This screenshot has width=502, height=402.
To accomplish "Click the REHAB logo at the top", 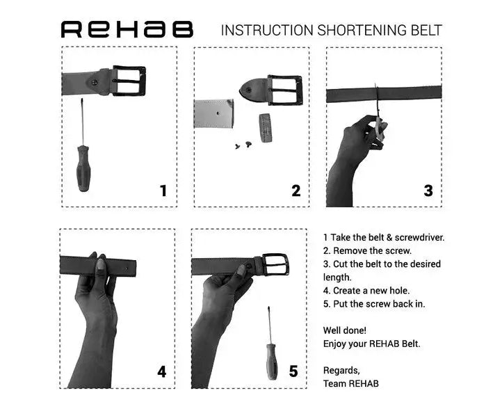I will coord(127,29).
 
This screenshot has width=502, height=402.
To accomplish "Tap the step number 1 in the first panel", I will coord(163,191).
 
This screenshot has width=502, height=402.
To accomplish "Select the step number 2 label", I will coord(296,191).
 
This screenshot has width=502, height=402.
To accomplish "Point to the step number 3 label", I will coord(428,191).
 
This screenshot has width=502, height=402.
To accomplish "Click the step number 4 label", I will coord(161,371).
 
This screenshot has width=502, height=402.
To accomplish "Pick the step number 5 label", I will coord(293,371).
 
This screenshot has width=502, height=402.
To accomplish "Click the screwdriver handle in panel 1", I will coord(83,168).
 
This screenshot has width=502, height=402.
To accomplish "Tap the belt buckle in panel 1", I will coord(129,81).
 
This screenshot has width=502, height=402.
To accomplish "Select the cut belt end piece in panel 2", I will coord(212,114).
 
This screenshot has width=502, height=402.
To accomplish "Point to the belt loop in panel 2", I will coord(264,127).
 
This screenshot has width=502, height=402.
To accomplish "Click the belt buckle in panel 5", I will coord(274,266).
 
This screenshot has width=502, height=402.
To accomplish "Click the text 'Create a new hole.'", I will coord(369,291).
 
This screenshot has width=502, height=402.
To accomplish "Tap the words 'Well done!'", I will coord(345,330).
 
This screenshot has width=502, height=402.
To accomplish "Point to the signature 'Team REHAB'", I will coord(351,383).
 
